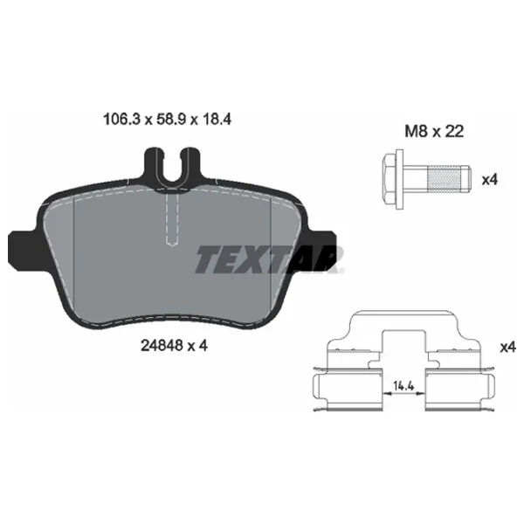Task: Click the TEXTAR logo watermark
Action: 269,259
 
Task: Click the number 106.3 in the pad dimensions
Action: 121,120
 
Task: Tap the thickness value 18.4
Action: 216,120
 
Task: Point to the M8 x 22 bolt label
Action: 434,131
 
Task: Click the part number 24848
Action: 162,346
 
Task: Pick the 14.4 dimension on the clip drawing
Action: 403,386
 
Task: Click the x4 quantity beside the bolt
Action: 490,180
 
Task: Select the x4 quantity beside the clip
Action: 508,348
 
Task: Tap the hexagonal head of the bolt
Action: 389,179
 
